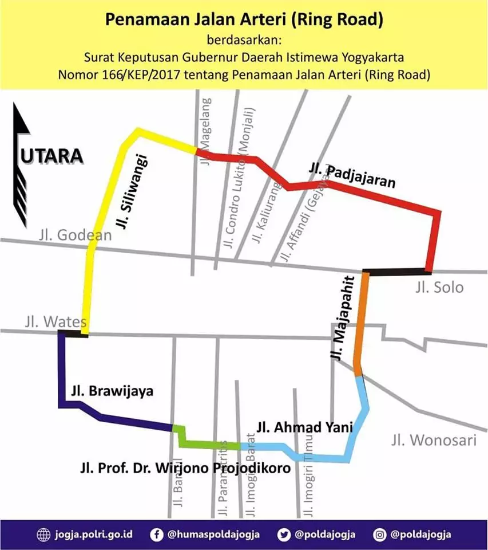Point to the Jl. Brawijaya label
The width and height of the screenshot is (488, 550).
pos(112,392)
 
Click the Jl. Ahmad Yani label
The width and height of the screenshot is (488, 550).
pos(304,427)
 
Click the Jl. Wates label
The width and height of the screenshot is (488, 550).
pos(55,321)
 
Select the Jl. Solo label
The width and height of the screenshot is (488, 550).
pos(439,287)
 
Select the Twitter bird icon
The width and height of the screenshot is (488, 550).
pos(285,535)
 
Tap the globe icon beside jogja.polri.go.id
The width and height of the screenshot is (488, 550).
pos(43,535)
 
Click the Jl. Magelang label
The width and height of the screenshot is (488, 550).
pos(207,131)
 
